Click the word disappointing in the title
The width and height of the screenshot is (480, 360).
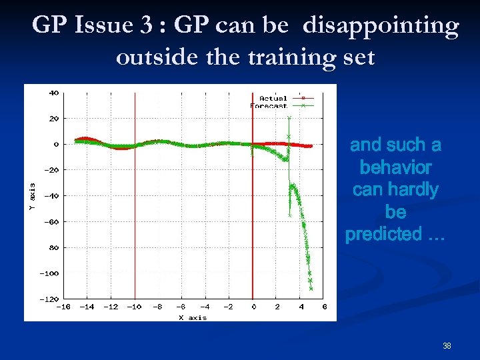pos(381,26)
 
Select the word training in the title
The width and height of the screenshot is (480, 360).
pos(289,57)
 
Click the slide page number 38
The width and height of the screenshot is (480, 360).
pos(447,346)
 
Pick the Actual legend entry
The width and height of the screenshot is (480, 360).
pos(273,98)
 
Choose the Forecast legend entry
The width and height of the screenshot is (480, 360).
pos(269,105)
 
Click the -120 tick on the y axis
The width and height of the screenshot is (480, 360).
pos(49,299)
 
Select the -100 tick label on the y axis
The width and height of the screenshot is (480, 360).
pos(49,273)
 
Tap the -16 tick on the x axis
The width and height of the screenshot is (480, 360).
pos(63,307)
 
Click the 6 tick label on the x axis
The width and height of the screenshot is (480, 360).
pos(324,307)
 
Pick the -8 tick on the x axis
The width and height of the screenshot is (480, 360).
pos(157,307)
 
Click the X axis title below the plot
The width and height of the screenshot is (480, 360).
pos(193,317)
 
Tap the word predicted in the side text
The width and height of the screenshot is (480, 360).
pos(383,234)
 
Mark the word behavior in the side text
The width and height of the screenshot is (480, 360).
pos(395,167)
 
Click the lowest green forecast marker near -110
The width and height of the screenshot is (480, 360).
pos(311,289)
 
